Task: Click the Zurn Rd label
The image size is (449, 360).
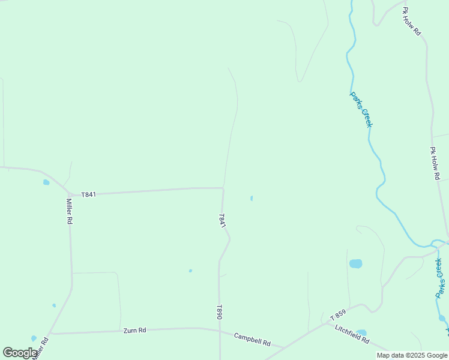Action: coord(134,330)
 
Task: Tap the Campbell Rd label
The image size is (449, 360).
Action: coord(252,339)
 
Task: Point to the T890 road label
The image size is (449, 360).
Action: coord(220,312)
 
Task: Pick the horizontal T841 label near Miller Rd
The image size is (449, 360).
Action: coord(88,194)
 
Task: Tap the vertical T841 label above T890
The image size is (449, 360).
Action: coord(222,220)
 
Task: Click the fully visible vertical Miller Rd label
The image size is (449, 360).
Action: coord(70,211)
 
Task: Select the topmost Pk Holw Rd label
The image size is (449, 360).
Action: coord(412,22)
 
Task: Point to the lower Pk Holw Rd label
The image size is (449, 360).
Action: coord(436,164)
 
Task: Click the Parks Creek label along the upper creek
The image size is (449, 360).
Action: coord(361,109)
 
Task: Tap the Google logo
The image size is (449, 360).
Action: coord(20,352)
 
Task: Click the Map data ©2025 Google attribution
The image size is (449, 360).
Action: coord(412,355)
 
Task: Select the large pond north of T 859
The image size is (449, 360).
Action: coord(356,263)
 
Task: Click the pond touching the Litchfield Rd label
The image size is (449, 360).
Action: coord(361,332)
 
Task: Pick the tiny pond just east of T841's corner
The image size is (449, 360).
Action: coord(251,198)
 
